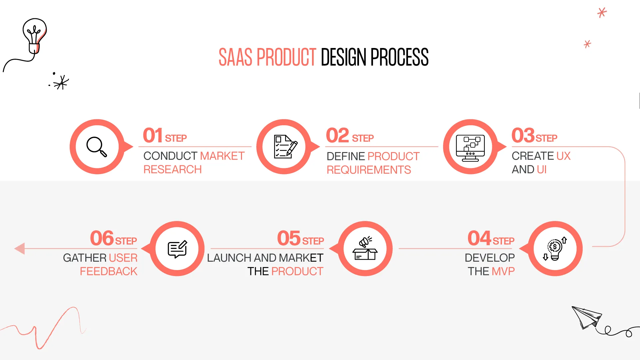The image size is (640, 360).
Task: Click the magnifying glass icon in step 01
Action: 97,147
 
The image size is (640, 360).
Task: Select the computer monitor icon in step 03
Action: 470,148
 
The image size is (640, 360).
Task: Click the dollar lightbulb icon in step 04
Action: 555,249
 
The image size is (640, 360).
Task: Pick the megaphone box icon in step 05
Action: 365,249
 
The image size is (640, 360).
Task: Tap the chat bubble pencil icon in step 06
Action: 177,249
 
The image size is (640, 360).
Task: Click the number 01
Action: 153,136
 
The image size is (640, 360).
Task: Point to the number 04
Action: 479,238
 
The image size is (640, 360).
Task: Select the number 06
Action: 102,238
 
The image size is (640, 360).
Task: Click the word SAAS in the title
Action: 235,57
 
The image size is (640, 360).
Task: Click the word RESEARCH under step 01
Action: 172,170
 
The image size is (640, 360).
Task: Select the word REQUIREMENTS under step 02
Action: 368,170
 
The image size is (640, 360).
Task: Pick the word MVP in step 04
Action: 503,271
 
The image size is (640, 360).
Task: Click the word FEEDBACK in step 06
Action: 108,271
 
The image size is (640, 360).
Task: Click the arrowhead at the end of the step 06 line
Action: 20,248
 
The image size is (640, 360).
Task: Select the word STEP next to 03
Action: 546,138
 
